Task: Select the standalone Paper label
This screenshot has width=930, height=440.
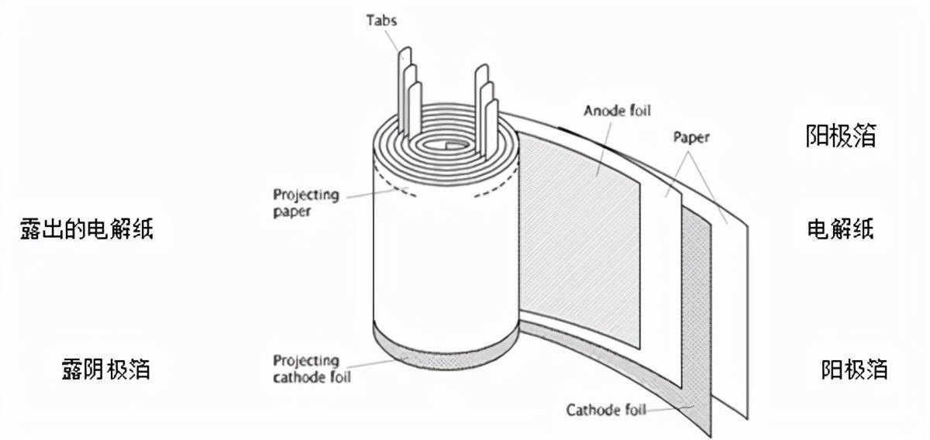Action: pyautogui.click(x=690, y=139)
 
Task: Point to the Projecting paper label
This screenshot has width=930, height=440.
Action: pyautogui.click(x=305, y=202)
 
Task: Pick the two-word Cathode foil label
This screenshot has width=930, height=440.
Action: pyautogui.click(x=605, y=410)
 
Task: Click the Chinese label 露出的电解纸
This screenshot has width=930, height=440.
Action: pyautogui.click(x=87, y=229)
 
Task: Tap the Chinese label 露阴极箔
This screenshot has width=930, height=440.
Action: pyautogui.click(x=105, y=370)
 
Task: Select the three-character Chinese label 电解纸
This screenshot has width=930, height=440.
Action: pyautogui.click(x=841, y=229)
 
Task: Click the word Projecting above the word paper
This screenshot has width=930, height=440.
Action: pyautogui.click(x=305, y=194)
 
